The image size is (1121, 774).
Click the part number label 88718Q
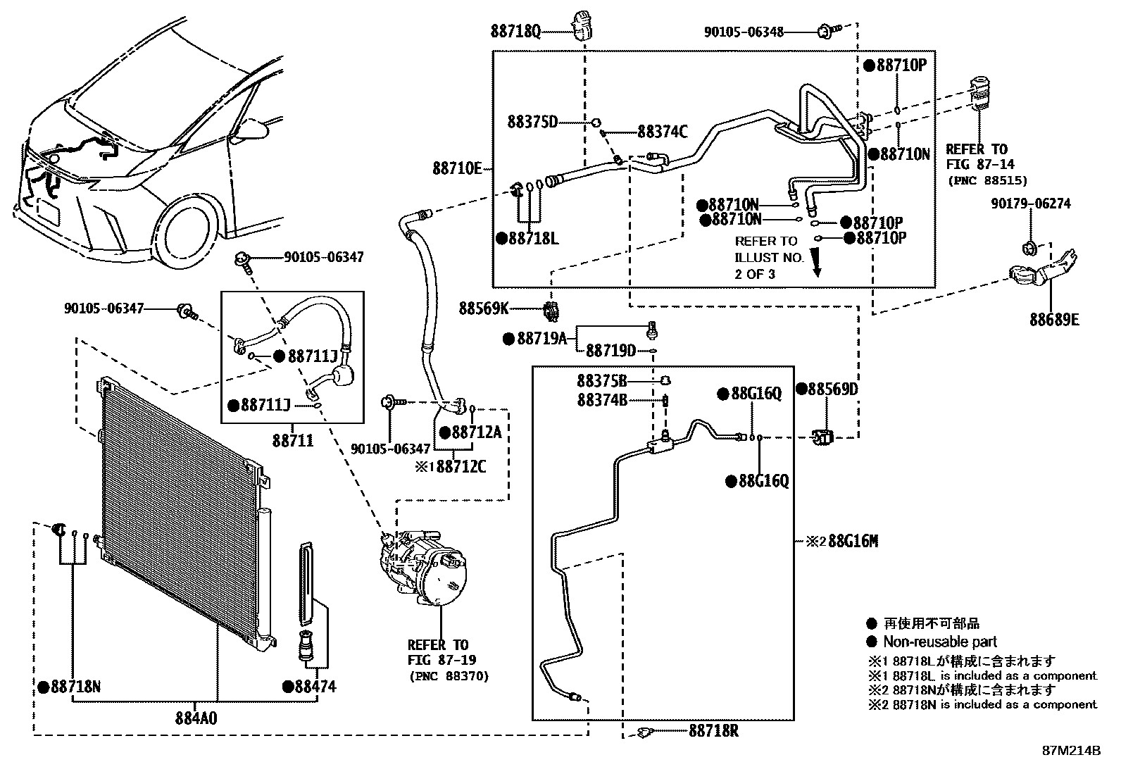tap(515, 31)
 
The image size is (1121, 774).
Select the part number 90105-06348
tap(744, 32)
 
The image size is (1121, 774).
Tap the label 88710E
tap(457, 168)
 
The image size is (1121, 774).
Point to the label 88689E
tap(1053, 320)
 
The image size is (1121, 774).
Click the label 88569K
tap(484, 308)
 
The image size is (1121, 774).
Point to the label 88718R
tap(714, 731)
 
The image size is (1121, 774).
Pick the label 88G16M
tap(853, 542)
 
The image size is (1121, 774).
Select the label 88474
tap(315, 686)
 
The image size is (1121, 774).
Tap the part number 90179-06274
tap(1030, 204)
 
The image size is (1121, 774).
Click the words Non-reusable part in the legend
tap(940, 642)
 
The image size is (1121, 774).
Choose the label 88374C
tap(662, 131)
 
